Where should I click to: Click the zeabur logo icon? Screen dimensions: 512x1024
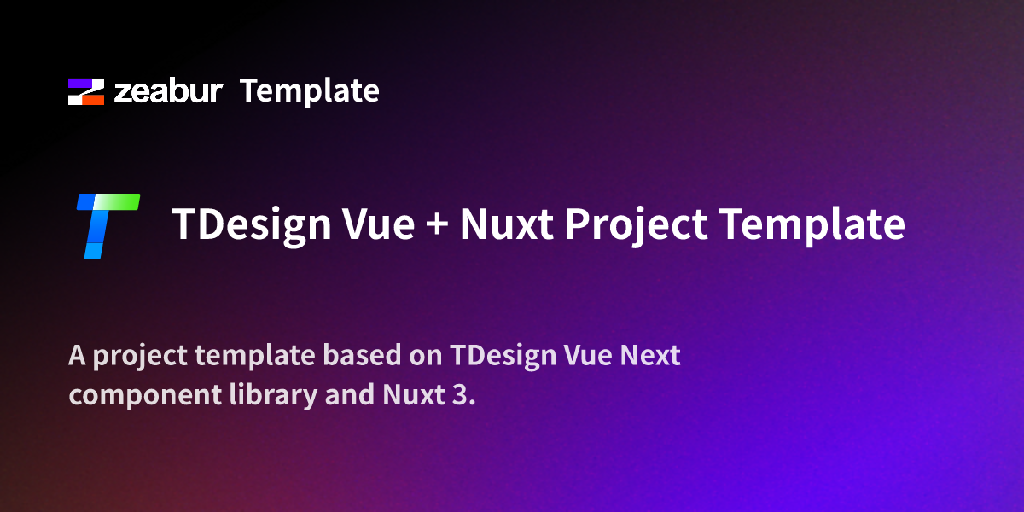coord(86,91)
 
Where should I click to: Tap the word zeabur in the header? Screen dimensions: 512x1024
coord(169,91)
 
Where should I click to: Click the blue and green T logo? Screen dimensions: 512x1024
coord(107,225)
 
